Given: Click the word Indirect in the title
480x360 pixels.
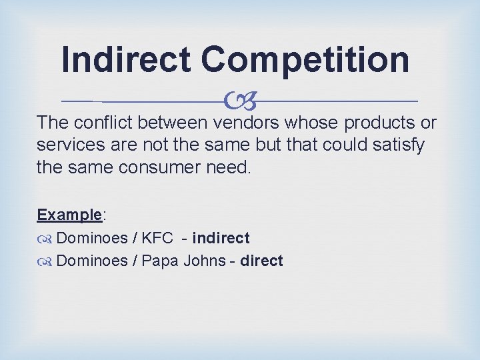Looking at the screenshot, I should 126,59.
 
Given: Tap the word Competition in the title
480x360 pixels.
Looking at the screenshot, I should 305,59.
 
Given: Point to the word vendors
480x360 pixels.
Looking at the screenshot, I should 247,123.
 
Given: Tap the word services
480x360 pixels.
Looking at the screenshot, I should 67,145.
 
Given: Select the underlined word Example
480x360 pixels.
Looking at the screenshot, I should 69,215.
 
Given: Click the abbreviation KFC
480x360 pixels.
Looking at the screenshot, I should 157,238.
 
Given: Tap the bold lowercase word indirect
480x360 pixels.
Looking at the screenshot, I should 221,238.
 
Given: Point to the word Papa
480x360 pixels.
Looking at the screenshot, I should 160,261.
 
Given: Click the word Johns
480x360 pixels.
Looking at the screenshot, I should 204,261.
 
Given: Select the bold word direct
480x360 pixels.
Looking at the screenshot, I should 261,261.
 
